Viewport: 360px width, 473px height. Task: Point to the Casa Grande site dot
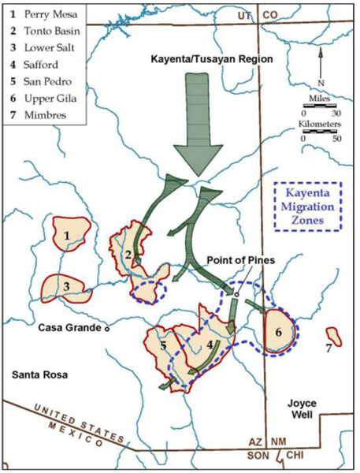tap(108, 330)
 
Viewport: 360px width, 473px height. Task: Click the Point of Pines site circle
tap(235, 294)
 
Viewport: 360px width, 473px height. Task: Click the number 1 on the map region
tap(68, 235)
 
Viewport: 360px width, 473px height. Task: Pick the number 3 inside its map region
tap(68, 286)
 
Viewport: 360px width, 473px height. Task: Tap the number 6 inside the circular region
tap(278, 332)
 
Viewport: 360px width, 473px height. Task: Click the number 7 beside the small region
tap(328, 346)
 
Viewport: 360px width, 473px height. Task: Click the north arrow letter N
tap(318, 82)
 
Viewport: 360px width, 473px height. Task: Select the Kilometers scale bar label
tap(321, 125)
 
